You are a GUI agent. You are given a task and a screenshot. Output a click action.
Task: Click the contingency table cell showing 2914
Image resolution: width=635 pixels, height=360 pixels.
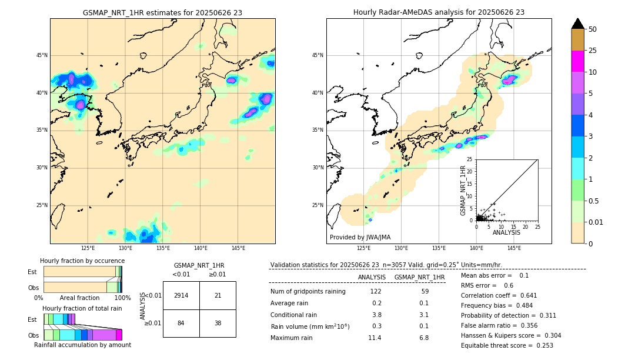(181, 295)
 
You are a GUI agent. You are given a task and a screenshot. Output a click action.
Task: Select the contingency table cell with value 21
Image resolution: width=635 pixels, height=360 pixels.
(218, 295)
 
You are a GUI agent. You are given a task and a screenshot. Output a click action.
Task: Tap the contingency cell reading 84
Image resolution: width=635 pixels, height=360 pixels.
(181, 323)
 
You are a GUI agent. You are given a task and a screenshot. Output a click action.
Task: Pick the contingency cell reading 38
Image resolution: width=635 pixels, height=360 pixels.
(218, 323)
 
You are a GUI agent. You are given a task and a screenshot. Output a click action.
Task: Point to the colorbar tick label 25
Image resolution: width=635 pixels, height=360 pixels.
(593, 51)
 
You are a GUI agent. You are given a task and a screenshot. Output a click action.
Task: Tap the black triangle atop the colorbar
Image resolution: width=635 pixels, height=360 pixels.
(578, 24)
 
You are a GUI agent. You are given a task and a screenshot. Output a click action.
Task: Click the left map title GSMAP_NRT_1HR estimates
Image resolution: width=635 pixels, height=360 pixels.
(162, 12)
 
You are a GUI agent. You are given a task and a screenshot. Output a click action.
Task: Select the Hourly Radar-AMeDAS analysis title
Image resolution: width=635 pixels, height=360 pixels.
(439, 12)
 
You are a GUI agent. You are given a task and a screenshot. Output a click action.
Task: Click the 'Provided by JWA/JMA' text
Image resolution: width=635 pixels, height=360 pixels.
(360, 237)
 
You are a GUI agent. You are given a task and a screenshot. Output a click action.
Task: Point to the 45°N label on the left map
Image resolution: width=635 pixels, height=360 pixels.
(41, 55)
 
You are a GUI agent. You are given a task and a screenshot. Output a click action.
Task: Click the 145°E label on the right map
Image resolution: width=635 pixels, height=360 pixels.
(514, 248)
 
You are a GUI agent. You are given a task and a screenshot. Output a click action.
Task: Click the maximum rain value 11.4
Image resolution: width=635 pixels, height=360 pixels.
(375, 338)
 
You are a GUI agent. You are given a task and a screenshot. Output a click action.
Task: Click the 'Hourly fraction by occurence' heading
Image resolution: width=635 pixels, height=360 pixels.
(82, 261)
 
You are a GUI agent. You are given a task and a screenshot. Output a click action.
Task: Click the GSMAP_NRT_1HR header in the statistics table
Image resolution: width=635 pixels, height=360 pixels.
(419, 277)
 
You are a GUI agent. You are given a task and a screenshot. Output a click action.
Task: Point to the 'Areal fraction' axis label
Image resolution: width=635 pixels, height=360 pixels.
(80, 298)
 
